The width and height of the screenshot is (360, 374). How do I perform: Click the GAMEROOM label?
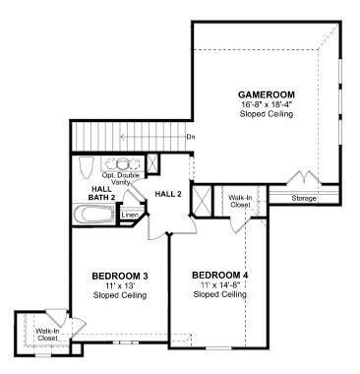[267, 94]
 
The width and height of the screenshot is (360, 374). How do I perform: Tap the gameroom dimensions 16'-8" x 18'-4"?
[267, 104]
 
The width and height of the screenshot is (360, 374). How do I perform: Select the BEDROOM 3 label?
[120, 276]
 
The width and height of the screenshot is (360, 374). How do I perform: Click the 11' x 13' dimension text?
[120, 285]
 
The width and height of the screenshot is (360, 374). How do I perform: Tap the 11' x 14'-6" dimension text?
[220, 284]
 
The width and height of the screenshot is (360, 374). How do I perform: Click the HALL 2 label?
[168, 194]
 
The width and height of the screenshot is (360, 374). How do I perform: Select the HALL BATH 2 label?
[101, 193]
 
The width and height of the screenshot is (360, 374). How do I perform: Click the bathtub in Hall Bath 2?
[94, 214]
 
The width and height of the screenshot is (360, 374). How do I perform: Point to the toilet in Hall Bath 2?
[87, 167]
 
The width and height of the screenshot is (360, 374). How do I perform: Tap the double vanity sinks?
[122, 164]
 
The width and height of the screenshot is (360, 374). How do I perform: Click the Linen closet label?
[130, 216]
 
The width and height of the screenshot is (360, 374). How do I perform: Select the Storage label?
[304, 199]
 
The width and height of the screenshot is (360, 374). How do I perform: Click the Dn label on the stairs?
[191, 137]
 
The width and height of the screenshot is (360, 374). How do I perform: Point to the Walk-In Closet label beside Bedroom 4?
[240, 201]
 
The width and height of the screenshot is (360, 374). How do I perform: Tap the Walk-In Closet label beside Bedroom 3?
[47, 335]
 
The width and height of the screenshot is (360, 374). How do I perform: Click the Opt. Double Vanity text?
[121, 179]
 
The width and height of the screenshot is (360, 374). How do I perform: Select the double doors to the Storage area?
[305, 177]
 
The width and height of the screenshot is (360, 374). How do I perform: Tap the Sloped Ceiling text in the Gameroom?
[267, 114]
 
